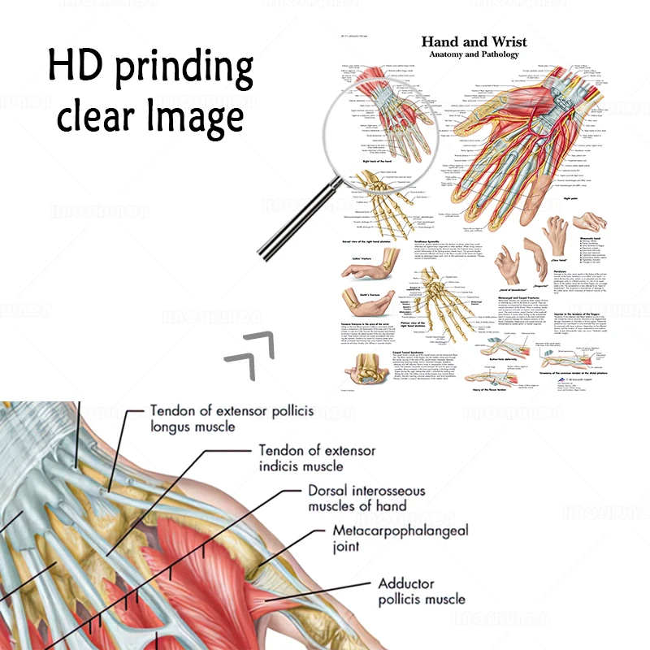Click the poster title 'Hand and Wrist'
click(474, 41)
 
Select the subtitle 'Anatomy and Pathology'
click(474, 54)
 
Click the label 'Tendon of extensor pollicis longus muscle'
click(231, 418)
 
